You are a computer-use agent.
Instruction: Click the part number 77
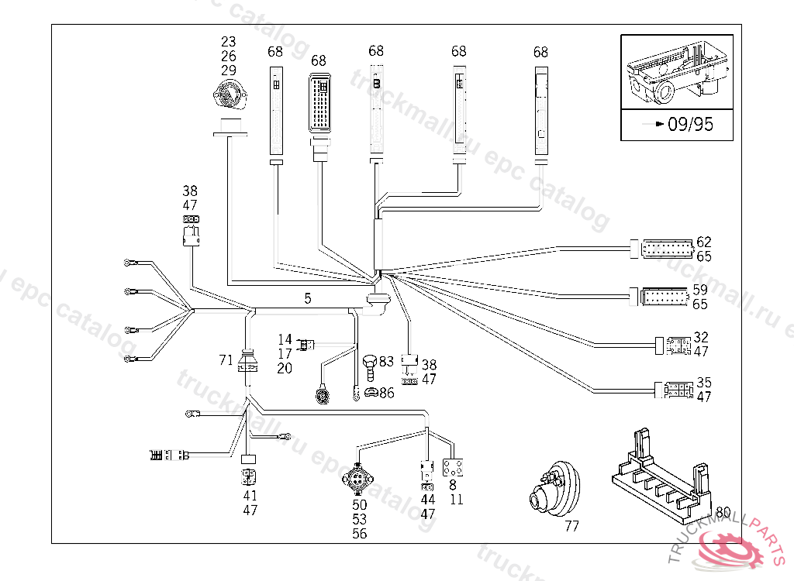point(571,527)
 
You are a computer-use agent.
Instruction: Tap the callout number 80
point(723,512)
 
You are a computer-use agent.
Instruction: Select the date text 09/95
point(690,124)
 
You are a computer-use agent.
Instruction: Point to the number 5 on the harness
point(308,297)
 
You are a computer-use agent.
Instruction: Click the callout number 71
point(226,360)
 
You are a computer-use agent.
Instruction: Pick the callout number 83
point(386,360)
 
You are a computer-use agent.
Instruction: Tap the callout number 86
point(386,393)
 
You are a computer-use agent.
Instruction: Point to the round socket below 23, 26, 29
point(227,96)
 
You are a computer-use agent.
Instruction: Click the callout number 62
point(703,242)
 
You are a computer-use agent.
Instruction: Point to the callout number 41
point(250,496)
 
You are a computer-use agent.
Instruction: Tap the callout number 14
point(285,339)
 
